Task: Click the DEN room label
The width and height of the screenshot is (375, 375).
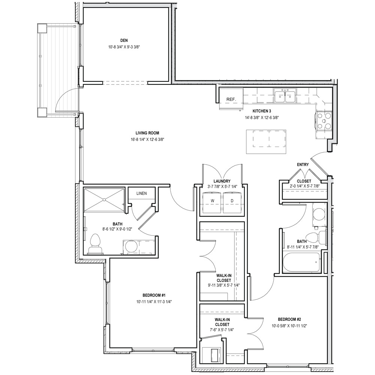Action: point(124,40)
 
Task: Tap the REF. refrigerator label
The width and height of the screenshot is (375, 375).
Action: point(231,99)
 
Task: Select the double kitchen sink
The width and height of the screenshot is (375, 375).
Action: point(285,96)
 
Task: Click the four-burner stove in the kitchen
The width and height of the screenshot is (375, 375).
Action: point(324,121)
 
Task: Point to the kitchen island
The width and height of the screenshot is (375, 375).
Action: point(266,142)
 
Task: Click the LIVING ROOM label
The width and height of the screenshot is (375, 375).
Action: point(147,133)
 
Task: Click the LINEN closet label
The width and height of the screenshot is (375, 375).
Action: point(142,193)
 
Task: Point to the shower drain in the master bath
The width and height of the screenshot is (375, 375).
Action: point(104,199)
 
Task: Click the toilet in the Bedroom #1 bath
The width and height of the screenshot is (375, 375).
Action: point(95,244)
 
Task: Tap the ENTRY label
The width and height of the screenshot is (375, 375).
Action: point(303,165)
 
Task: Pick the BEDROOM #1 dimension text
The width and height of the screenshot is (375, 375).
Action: point(154,302)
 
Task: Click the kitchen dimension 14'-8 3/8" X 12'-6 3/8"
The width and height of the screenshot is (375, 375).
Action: point(262,118)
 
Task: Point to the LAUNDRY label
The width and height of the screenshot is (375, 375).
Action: point(222,181)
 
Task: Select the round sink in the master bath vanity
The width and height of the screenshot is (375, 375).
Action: point(131,246)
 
